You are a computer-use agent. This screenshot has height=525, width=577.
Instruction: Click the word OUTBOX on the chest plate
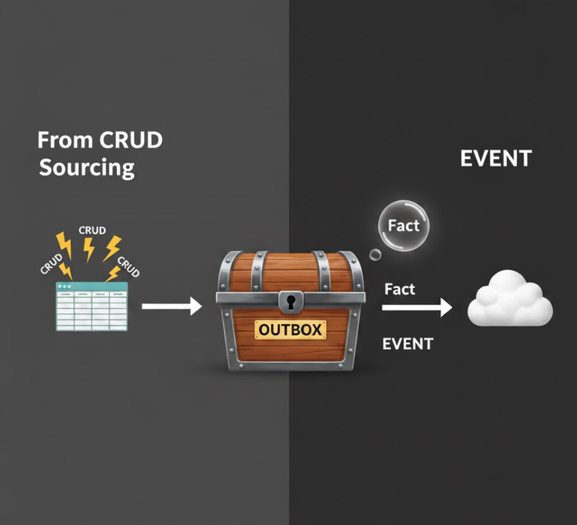tap(289, 329)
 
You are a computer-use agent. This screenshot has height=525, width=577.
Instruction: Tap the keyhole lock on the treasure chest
tap(290, 302)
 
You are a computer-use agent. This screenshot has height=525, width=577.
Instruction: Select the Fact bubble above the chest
tap(403, 226)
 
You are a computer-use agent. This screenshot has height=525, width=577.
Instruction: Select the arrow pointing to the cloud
tap(416, 307)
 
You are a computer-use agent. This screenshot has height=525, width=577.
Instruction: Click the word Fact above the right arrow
tap(399, 289)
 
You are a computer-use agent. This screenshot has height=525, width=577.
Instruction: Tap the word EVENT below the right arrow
tap(407, 344)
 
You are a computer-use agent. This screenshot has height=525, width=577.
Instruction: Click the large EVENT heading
tap(495, 158)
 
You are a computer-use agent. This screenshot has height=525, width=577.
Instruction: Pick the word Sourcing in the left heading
tap(87, 167)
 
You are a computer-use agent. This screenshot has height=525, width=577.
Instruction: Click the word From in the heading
tap(65, 141)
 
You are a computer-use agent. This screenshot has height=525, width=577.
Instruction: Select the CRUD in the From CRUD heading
tap(131, 141)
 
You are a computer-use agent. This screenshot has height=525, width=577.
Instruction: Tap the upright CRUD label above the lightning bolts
tap(92, 230)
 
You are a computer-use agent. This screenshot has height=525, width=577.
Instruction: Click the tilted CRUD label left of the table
tap(51, 264)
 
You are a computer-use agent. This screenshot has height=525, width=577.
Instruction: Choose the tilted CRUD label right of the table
tap(129, 267)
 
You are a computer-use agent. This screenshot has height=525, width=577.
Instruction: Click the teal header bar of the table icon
tap(92, 286)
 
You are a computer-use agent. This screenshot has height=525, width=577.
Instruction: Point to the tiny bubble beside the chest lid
tap(375, 255)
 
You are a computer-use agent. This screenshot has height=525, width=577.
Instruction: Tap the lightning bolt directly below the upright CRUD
tap(90, 250)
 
